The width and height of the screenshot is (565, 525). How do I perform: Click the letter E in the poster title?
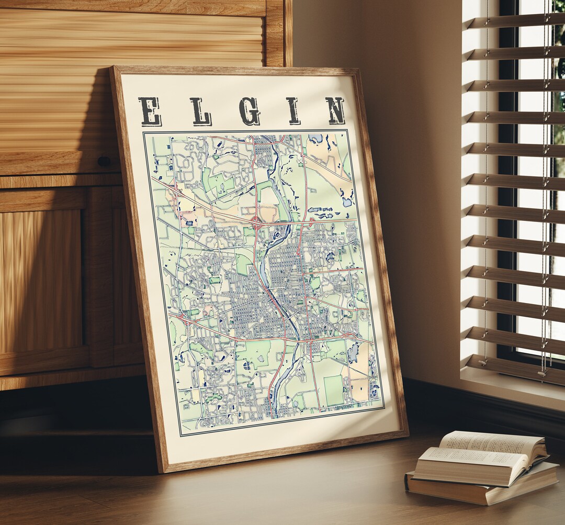tap(150, 111)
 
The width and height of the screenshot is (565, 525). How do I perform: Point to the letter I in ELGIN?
tap(292, 111)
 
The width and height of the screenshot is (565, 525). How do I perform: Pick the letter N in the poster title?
tap(335, 110)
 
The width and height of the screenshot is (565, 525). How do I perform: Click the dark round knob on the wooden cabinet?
tap(104, 162)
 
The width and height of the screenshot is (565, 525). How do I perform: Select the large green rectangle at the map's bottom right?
tap(333, 390)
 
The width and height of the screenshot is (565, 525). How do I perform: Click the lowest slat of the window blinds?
tap(515, 366)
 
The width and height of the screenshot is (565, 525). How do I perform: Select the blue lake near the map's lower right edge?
tap(354, 352)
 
